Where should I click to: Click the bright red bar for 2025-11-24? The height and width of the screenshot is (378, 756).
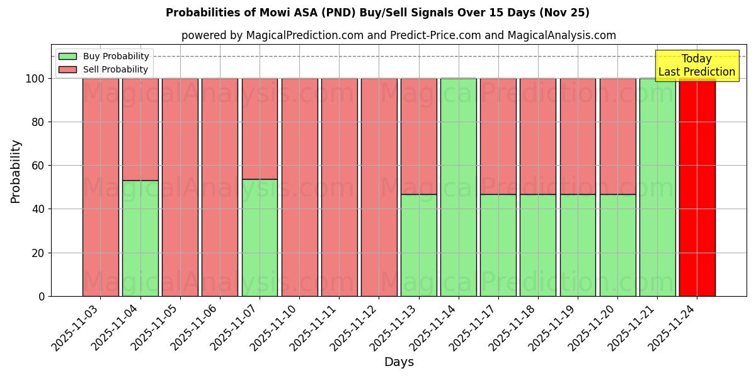pos(697,189)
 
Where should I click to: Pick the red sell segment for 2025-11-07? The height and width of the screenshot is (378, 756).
pos(260,129)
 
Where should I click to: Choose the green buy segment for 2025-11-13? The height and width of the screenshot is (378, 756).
pos(419,245)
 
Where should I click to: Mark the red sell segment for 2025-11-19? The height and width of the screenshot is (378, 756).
pos(578,136)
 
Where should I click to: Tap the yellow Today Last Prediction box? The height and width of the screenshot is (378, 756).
pos(696,66)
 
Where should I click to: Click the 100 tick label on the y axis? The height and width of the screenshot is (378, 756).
pos(34,79)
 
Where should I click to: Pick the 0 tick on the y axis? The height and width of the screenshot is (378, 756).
pos(42,296)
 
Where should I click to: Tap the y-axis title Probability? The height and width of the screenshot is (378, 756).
pos(16,171)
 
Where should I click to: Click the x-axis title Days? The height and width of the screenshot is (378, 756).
pos(399,362)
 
